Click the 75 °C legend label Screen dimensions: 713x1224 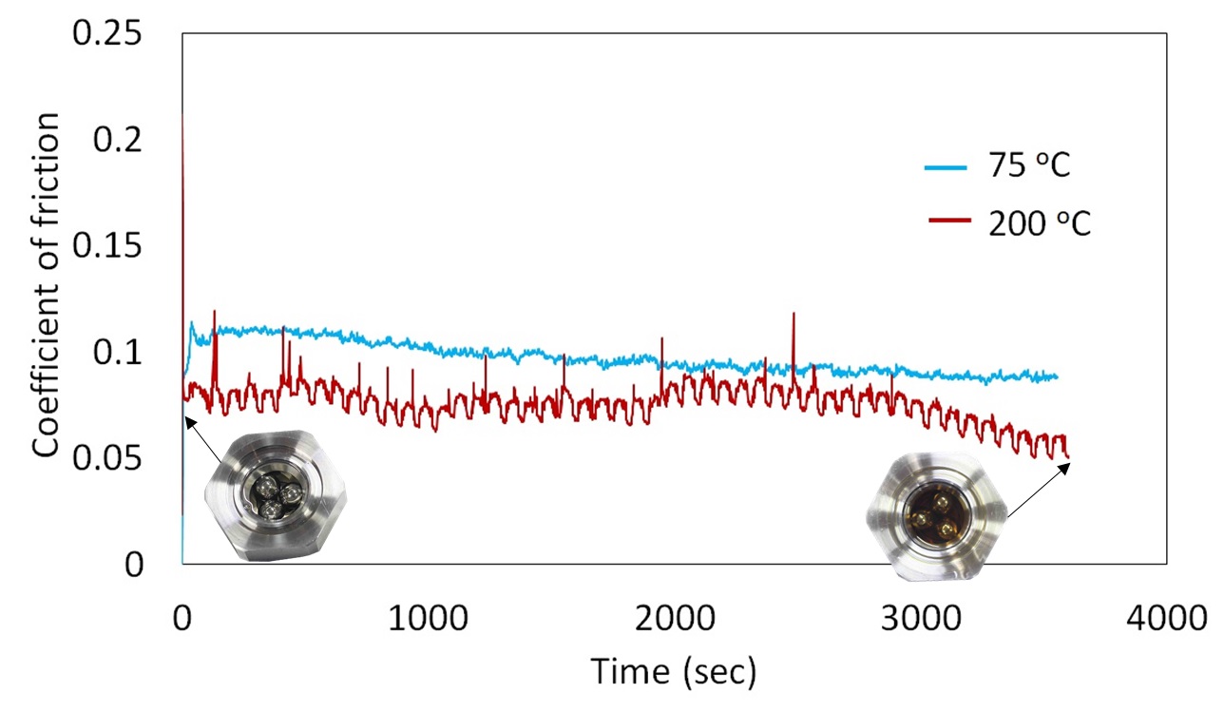tap(1029, 167)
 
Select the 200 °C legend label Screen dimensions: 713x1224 tap(1039, 224)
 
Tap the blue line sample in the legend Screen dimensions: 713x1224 tap(947, 168)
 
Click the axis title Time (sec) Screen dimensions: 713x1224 tap(674, 671)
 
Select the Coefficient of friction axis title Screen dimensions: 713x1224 tap(47, 285)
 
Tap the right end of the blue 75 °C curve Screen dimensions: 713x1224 tap(1056, 377)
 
